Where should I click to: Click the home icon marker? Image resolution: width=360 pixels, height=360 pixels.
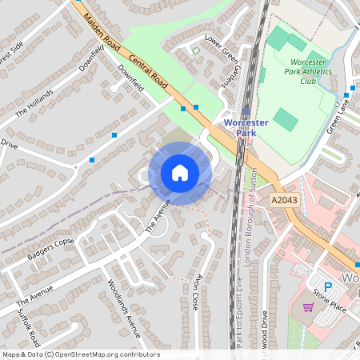180,172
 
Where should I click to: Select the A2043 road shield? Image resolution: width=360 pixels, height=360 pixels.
284,200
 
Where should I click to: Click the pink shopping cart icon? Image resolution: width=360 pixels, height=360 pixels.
307,306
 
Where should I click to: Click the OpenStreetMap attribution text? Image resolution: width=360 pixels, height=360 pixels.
81,354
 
